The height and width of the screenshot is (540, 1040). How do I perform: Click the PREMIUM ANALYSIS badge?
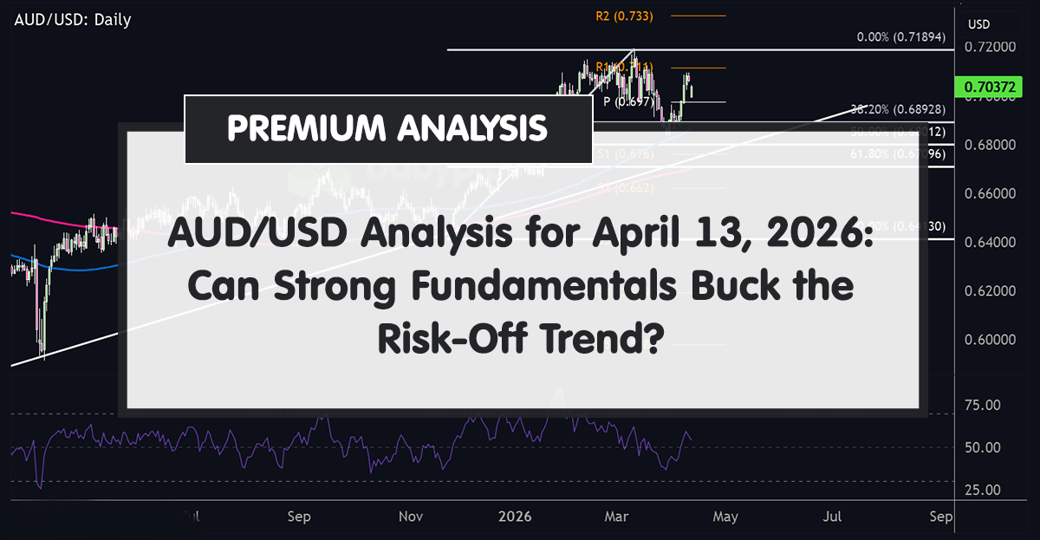[387, 129]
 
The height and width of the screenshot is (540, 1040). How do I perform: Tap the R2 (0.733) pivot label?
[624, 16]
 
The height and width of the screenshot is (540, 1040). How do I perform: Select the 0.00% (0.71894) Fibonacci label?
[906, 38]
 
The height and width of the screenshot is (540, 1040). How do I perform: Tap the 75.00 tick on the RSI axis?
[983, 406]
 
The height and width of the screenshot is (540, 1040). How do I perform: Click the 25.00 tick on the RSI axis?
[983, 490]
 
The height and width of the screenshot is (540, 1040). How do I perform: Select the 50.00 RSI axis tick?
[983, 448]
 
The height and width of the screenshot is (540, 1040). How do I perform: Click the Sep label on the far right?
[940, 517]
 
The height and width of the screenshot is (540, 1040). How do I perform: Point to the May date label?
[725, 517]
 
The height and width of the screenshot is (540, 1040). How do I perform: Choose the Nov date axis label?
[411, 517]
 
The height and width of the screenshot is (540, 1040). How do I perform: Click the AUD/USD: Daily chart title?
[72, 19]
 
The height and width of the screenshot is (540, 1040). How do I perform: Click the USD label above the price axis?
[978, 23]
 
